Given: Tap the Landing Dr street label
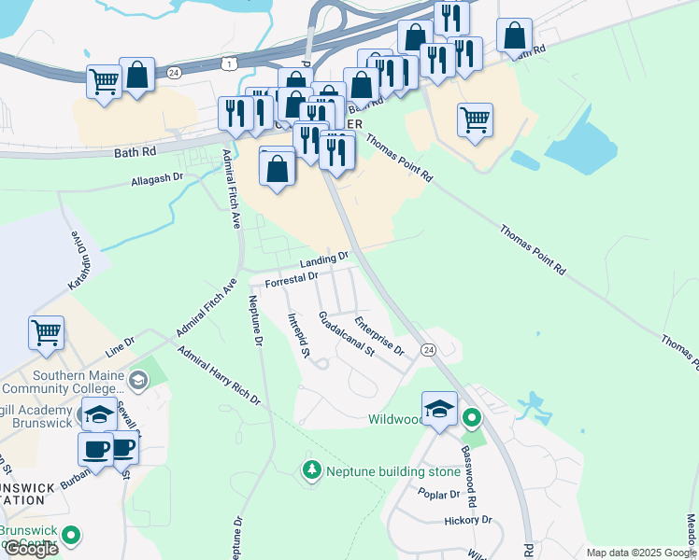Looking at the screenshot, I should point(324,259).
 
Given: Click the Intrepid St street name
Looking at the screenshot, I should point(298,336).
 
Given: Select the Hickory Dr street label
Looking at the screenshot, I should point(468,521).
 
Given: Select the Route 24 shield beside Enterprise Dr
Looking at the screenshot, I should point(428,349).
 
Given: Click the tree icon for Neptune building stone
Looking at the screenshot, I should point(311,470).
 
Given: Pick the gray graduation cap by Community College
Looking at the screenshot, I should point(138,380).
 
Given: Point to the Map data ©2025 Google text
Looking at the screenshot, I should point(640,553).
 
